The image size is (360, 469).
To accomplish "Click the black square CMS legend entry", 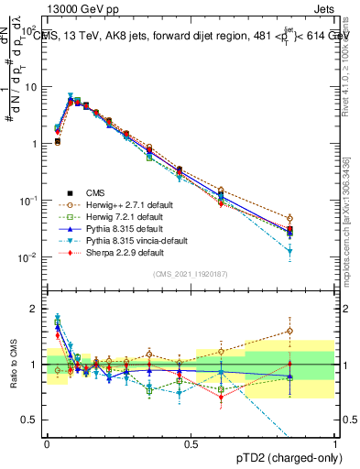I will [91, 193].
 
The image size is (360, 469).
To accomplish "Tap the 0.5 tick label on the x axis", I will [191, 444].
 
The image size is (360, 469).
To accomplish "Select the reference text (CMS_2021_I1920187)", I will [191, 274].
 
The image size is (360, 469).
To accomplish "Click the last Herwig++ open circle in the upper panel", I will [289, 218].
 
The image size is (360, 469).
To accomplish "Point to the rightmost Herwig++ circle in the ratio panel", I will [289, 331].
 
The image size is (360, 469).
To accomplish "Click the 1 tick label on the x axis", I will [335, 444].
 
